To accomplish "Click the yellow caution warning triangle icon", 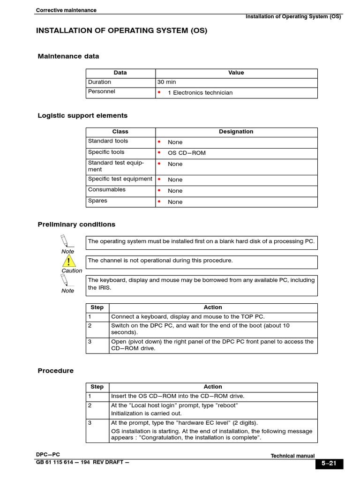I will click(x=69, y=261).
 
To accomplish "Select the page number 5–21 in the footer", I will click(x=329, y=464).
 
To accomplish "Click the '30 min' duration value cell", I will click(x=167, y=82).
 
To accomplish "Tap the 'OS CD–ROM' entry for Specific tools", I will click(x=187, y=153).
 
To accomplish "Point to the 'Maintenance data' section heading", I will click(x=68, y=56).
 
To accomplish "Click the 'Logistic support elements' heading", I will click(x=82, y=115).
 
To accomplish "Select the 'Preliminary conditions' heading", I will click(x=76, y=225).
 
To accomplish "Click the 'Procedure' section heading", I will click(x=56, y=371).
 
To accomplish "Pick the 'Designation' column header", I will click(x=236, y=132).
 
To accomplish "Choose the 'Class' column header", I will click(x=120, y=132).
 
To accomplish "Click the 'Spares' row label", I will click(x=97, y=201).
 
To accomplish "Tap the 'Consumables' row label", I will click(x=107, y=189).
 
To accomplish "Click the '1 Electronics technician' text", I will click(x=200, y=93).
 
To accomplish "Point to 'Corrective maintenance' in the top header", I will click(x=66, y=10).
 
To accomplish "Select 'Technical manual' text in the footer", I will click(x=293, y=456).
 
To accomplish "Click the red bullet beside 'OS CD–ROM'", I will click(x=159, y=153).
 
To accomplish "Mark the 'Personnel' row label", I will click(x=102, y=91).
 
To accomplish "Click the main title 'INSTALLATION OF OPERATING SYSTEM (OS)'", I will click(x=121, y=31).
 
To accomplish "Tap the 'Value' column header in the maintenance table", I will click(x=236, y=73).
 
